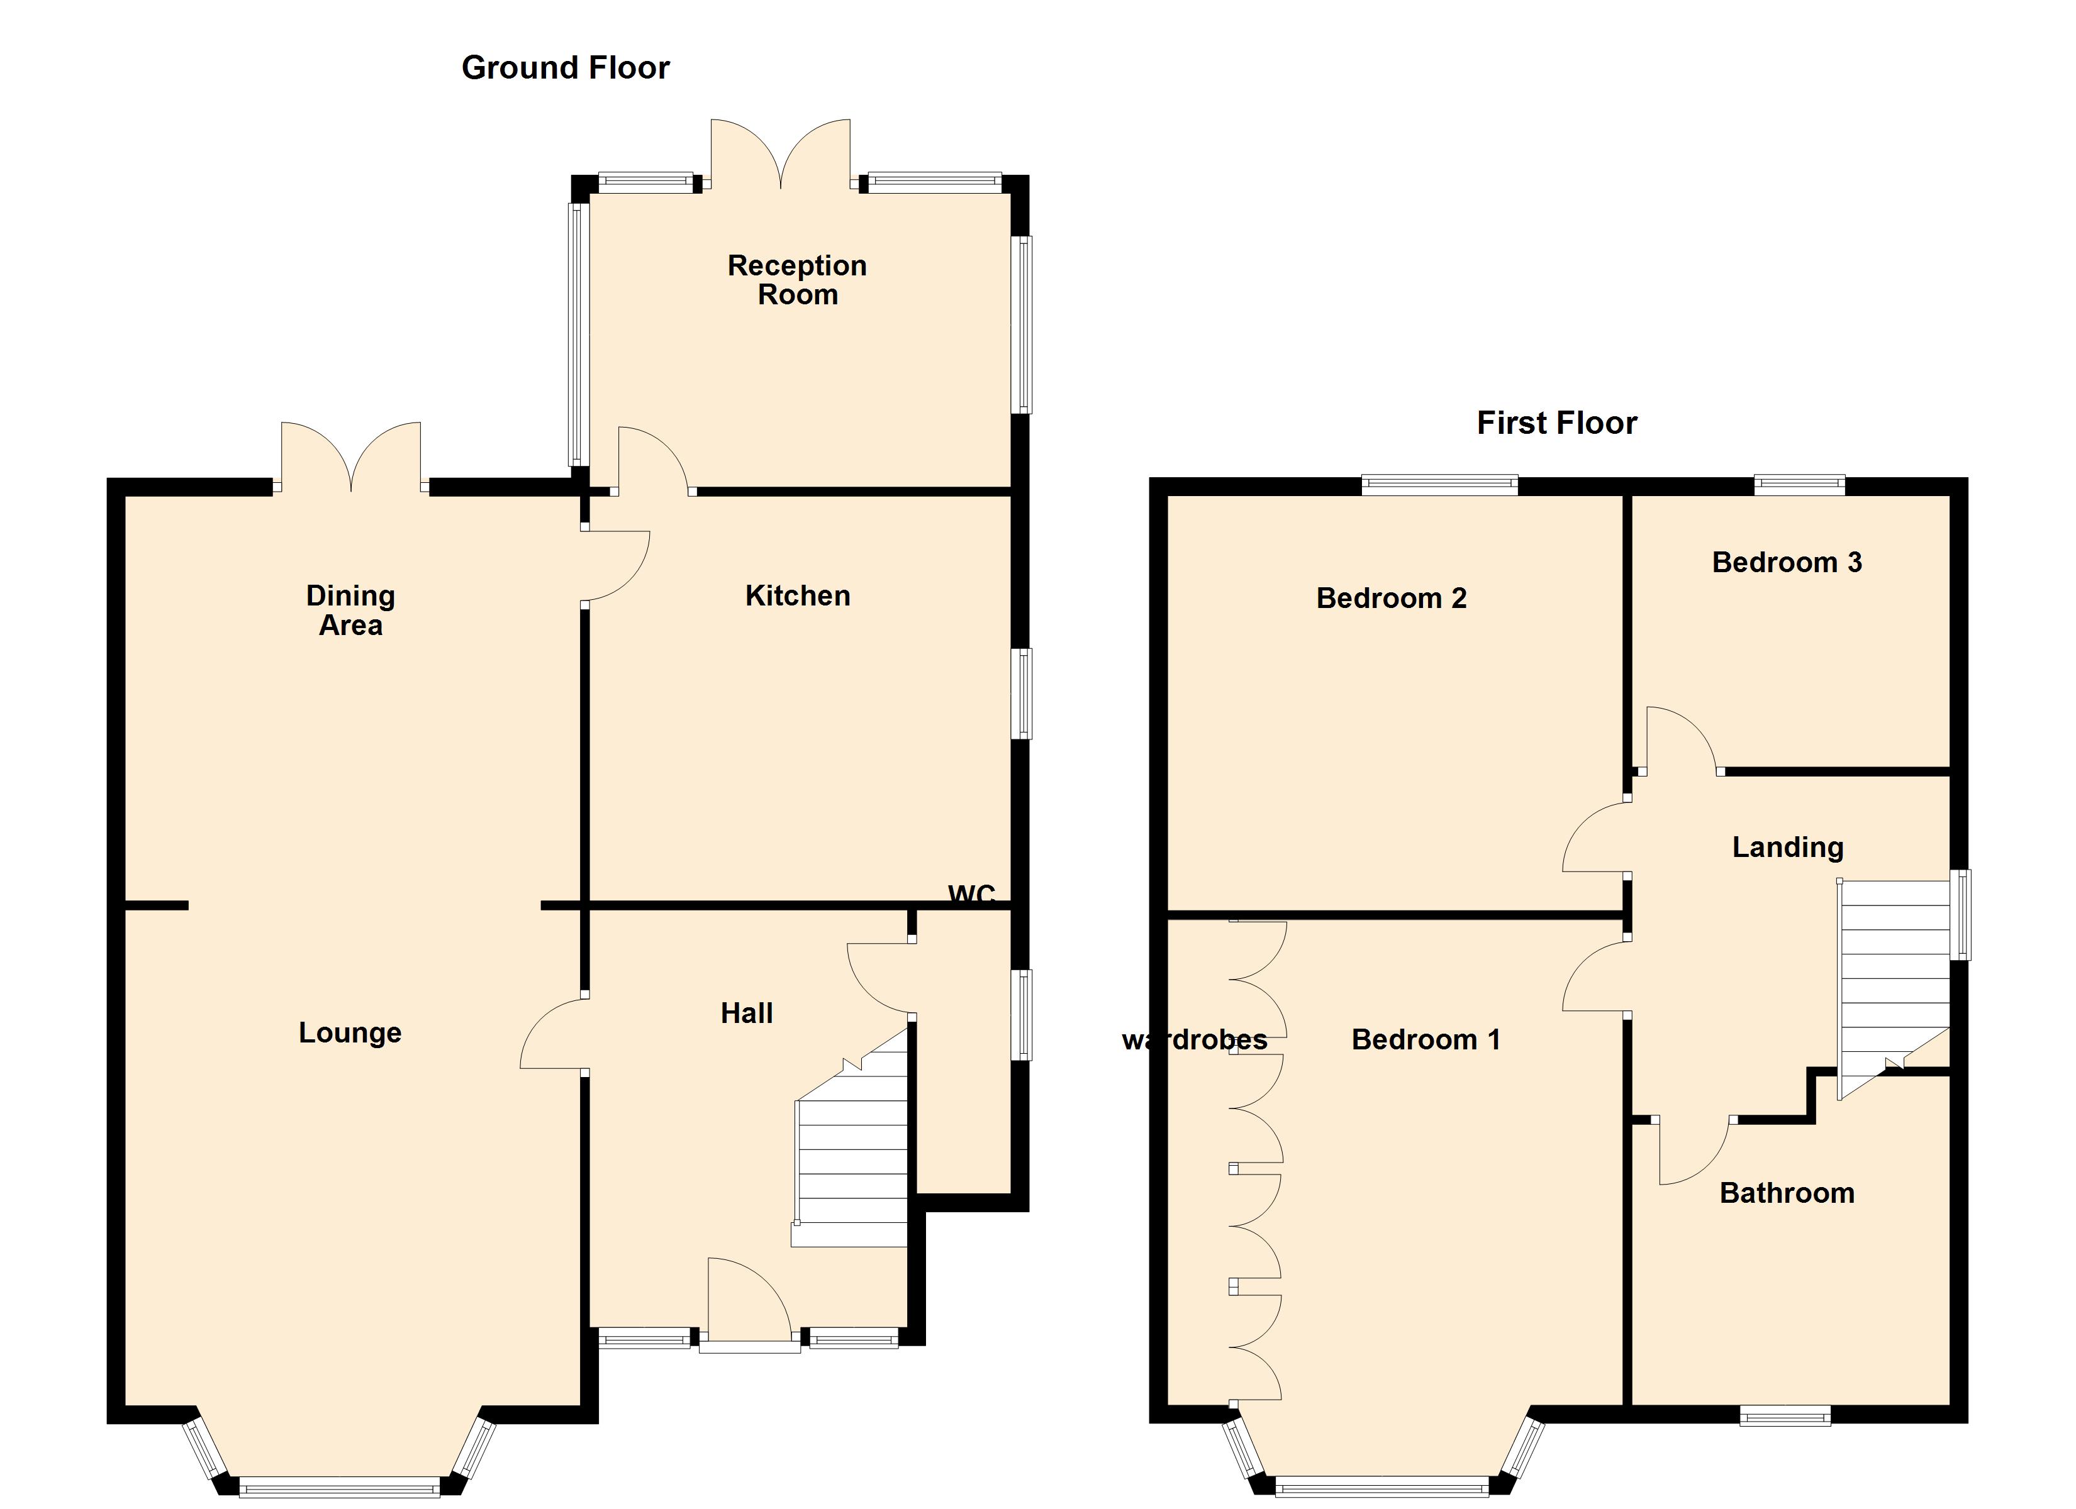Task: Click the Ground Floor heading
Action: (x=565, y=68)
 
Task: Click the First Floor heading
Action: (x=1556, y=423)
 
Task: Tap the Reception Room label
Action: (x=796, y=280)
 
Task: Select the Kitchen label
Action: (x=797, y=595)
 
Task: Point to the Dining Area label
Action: (x=350, y=611)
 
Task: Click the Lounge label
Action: (x=350, y=1033)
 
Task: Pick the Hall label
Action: (x=746, y=1013)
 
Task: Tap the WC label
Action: (x=971, y=894)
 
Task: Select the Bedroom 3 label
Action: (x=1786, y=563)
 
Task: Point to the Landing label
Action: (x=1787, y=848)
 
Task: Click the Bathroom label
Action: (x=1786, y=1193)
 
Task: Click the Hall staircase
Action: (x=851, y=1162)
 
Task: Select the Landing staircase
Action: (x=1893, y=979)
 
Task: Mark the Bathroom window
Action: (x=1784, y=1417)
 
